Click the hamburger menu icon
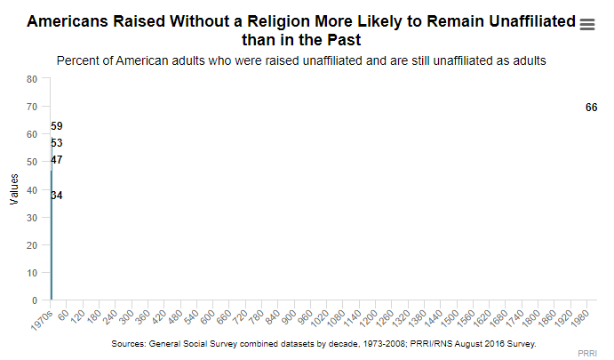586,25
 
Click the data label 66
591,108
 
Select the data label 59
57,126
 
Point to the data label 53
57,143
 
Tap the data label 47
57,160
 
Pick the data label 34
57,196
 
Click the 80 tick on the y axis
32,79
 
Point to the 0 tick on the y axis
35,301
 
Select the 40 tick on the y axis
32,190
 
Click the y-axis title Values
14,189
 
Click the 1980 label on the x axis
580,318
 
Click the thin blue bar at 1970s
52,240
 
